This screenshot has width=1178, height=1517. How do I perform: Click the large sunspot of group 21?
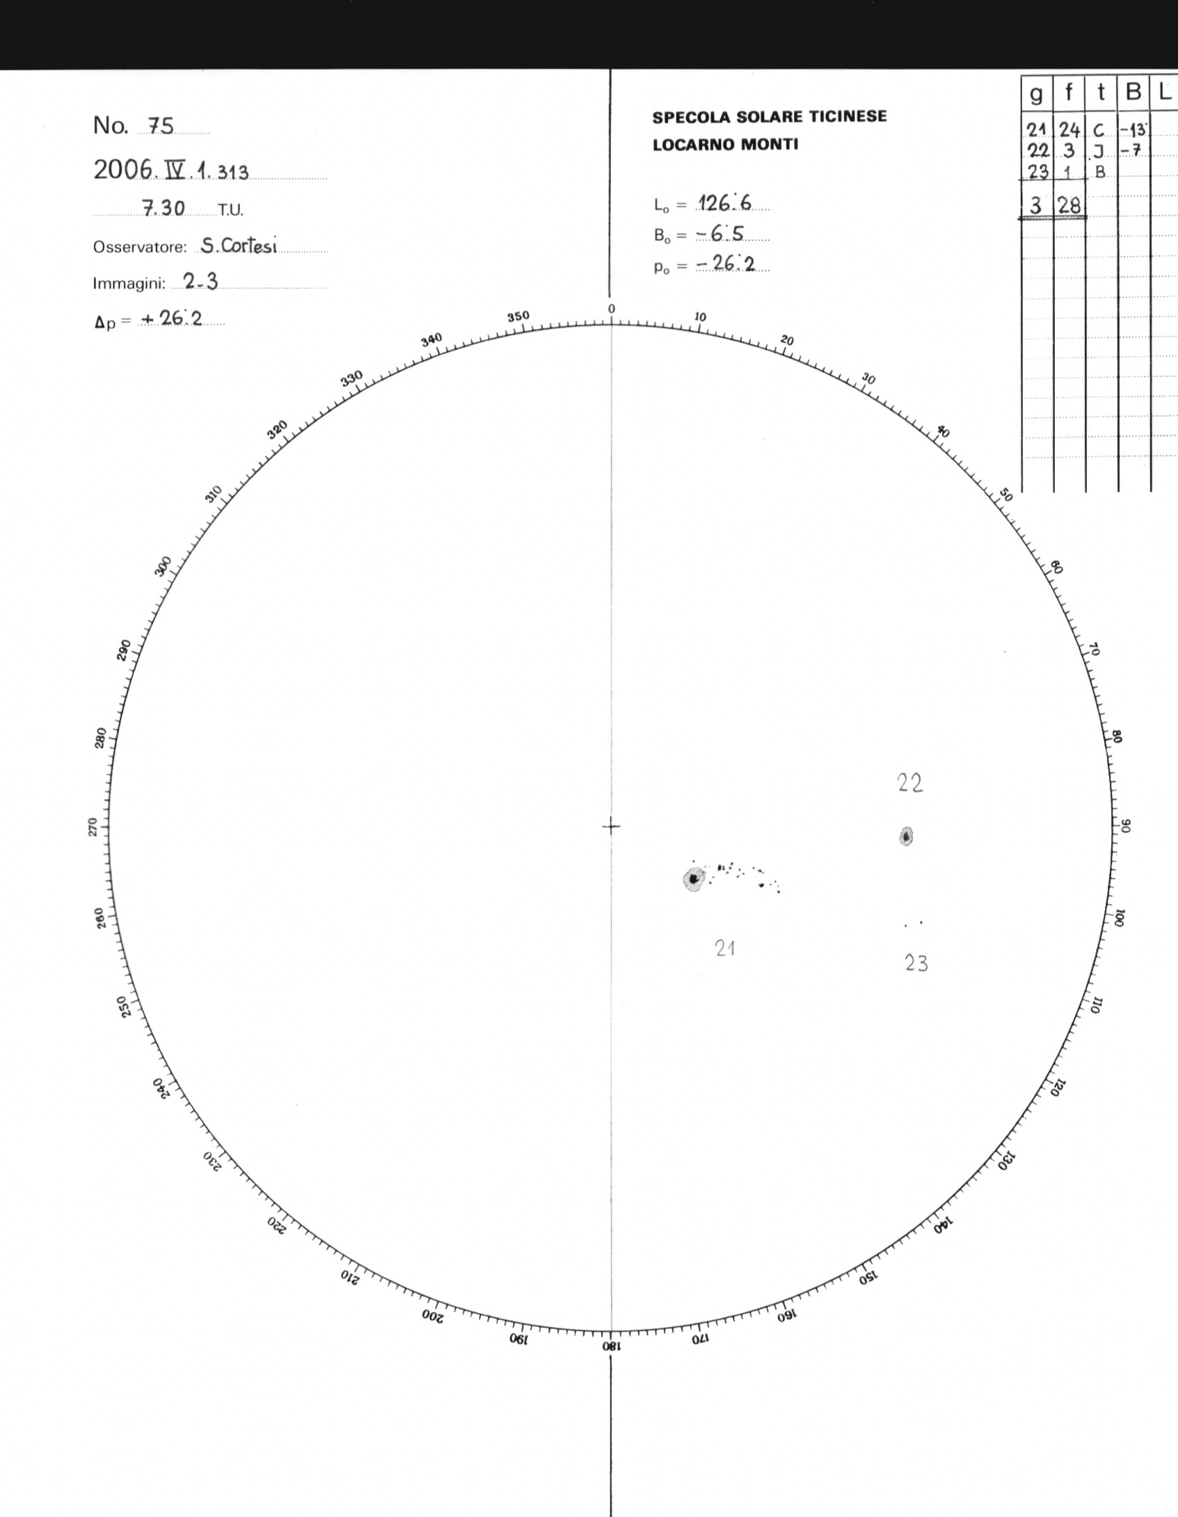(693, 879)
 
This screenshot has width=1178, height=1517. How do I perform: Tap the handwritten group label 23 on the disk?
(916, 963)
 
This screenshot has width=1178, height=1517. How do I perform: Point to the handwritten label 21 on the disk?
(725, 948)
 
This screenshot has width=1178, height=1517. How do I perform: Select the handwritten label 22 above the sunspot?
(910, 783)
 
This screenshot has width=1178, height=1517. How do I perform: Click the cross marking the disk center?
(611, 826)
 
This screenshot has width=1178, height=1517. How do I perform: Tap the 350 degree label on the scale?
(518, 316)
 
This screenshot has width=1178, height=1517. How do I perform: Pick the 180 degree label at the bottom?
(611, 1345)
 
